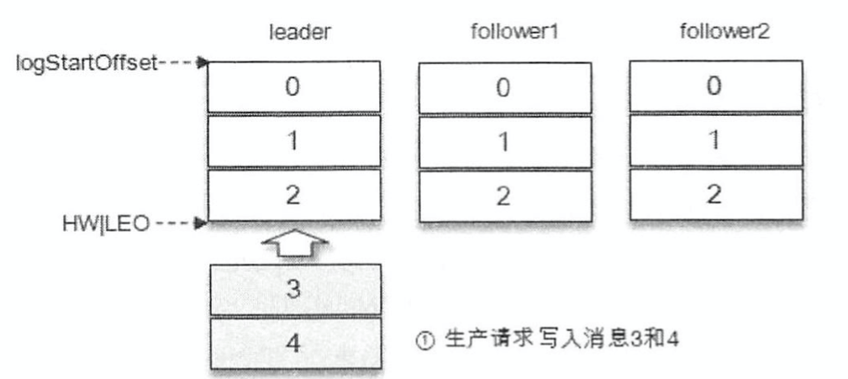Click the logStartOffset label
click(87, 63)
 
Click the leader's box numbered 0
click(293, 86)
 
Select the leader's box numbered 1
click(293, 141)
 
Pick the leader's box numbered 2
click(293, 195)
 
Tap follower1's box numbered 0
click(503, 87)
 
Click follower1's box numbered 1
click(503, 141)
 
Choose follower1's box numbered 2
click(503, 196)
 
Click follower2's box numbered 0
click(714, 86)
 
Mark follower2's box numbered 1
click(714, 140)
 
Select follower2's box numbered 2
click(714, 194)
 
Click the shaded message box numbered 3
click(293, 289)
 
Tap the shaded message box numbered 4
click(293, 343)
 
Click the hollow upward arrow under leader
click(293, 244)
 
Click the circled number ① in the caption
click(427, 343)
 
